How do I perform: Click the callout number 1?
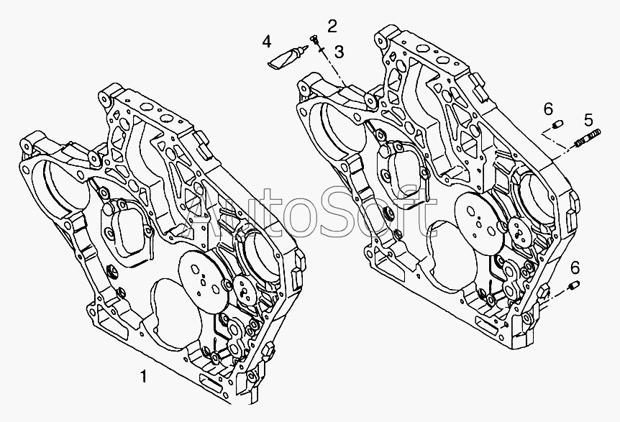pyautogui.click(x=144, y=376)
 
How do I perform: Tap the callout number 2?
pyautogui.click(x=332, y=27)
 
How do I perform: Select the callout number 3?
pyautogui.click(x=339, y=51)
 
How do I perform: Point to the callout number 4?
pyautogui.click(x=267, y=41)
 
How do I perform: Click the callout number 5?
pyautogui.click(x=588, y=119)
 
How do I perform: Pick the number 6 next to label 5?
pyautogui.click(x=548, y=109)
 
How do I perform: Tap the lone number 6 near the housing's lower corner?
pyautogui.click(x=574, y=267)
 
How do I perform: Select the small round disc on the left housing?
pyautogui.click(x=245, y=291)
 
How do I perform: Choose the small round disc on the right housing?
pyautogui.click(x=518, y=231)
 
